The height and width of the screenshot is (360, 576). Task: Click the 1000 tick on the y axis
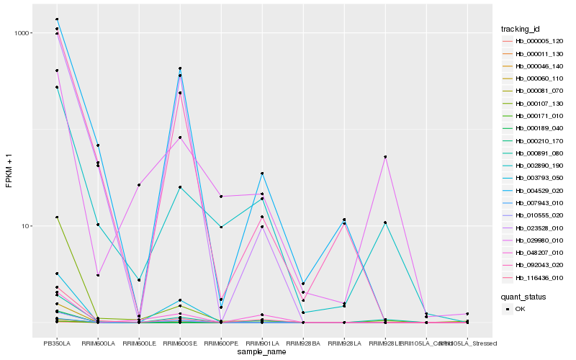pos(23,33)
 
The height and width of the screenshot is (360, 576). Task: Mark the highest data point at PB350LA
pos(57,19)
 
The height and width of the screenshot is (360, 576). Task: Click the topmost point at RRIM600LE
pos(139,185)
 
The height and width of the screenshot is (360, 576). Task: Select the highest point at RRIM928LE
pos(385,157)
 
